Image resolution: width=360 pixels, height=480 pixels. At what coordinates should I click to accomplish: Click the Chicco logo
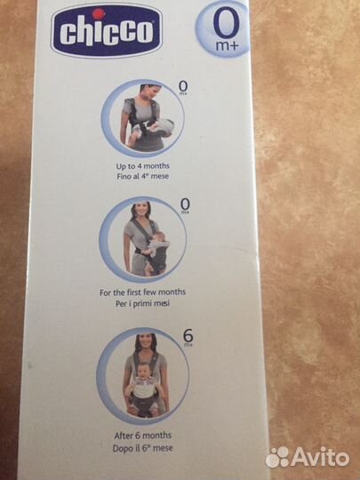[x=107, y=31]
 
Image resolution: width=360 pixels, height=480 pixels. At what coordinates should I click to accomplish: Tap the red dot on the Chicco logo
[x=99, y=13]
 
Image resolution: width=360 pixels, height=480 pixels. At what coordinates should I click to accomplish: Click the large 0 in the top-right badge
[x=227, y=22]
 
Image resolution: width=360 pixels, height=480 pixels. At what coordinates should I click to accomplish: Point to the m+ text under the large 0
[x=227, y=46]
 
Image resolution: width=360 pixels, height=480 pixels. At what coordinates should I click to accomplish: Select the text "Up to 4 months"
[x=142, y=166]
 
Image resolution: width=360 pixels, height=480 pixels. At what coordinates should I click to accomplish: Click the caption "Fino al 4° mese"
[x=142, y=176]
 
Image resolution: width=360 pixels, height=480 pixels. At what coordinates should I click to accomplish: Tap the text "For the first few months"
[x=142, y=292]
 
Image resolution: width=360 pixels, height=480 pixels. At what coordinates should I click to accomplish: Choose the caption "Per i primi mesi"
[x=142, y=303]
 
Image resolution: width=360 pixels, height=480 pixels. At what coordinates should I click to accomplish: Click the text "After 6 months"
[x=142, y=436]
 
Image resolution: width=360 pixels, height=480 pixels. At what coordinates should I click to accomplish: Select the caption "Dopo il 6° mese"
[x=142, y=448]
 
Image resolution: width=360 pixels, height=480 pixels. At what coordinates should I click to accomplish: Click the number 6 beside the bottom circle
[x=188, y=336]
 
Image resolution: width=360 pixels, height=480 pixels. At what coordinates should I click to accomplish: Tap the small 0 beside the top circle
[x=183, y=86]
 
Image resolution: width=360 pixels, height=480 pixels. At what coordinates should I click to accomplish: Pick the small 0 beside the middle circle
[x=185, y=204]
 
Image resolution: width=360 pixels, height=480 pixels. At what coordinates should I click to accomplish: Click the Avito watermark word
[x=321, y=457]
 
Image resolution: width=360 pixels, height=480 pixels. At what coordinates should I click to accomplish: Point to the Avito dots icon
[x=277, y=458]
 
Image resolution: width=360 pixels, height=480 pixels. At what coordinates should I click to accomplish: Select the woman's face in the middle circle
[x=142, y=212]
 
